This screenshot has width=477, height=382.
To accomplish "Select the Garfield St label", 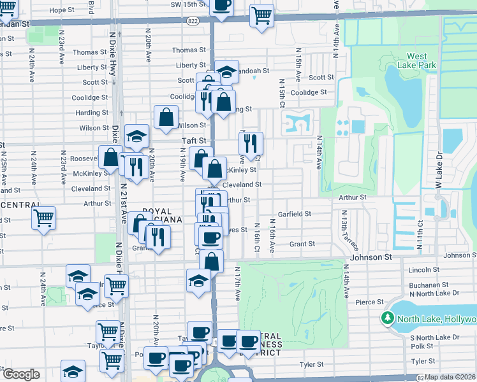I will pos(294,215).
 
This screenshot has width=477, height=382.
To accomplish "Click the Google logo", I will pos(20,374).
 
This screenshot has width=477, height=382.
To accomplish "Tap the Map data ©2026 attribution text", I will pos(450,377).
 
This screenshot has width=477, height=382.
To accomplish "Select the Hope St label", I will pos(62,10).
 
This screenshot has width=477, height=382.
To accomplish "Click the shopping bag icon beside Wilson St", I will pos(166,117).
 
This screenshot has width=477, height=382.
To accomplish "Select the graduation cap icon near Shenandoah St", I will pos(226,71).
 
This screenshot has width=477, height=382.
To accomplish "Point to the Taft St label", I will pos(194,140).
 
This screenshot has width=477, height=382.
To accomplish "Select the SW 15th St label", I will pos(189,4).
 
